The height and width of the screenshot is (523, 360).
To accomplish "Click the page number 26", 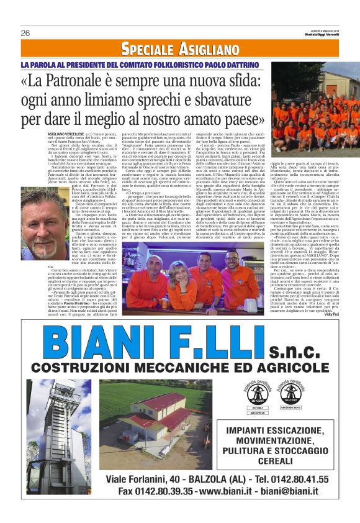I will click(x=25, y=33).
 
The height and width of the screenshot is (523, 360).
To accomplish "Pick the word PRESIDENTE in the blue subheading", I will click(x=99, y=64).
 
